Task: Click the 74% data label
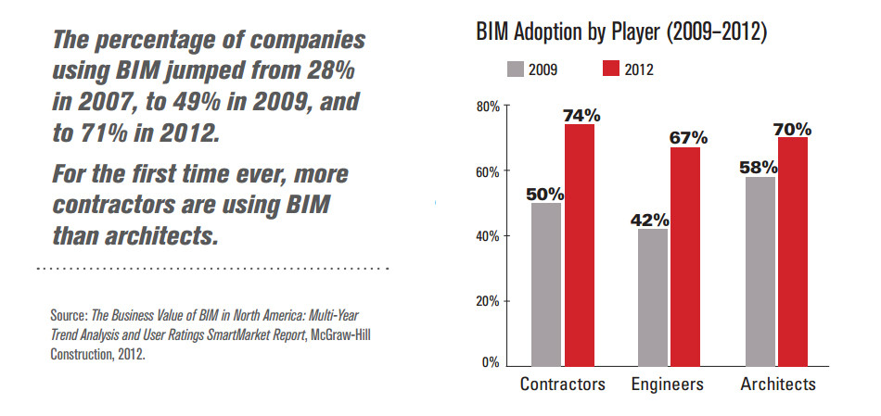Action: point(581,116)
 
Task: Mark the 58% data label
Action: point(760,168)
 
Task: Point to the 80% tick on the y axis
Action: point(488,107)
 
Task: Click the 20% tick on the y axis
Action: point(488,301)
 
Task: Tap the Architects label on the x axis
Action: point(777,384)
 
